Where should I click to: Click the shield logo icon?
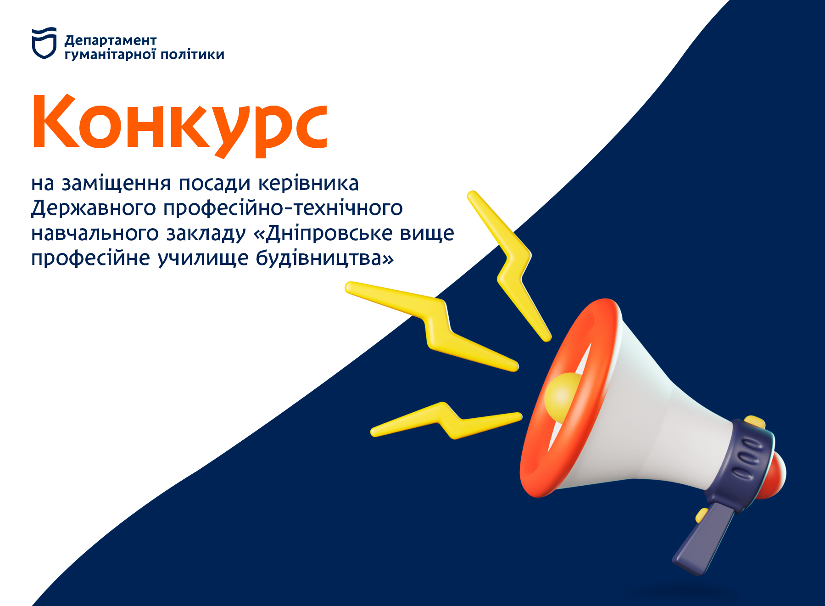click(x=44, y=43)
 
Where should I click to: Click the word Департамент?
click(x=111, y=41)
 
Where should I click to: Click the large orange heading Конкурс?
click(x=180, y=124)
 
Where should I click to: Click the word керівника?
click(x=308, y=183)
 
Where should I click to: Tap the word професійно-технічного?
click(x=283, y=208)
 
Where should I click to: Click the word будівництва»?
click(x=325, y=258)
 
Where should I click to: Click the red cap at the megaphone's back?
click(x=777, y=475)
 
